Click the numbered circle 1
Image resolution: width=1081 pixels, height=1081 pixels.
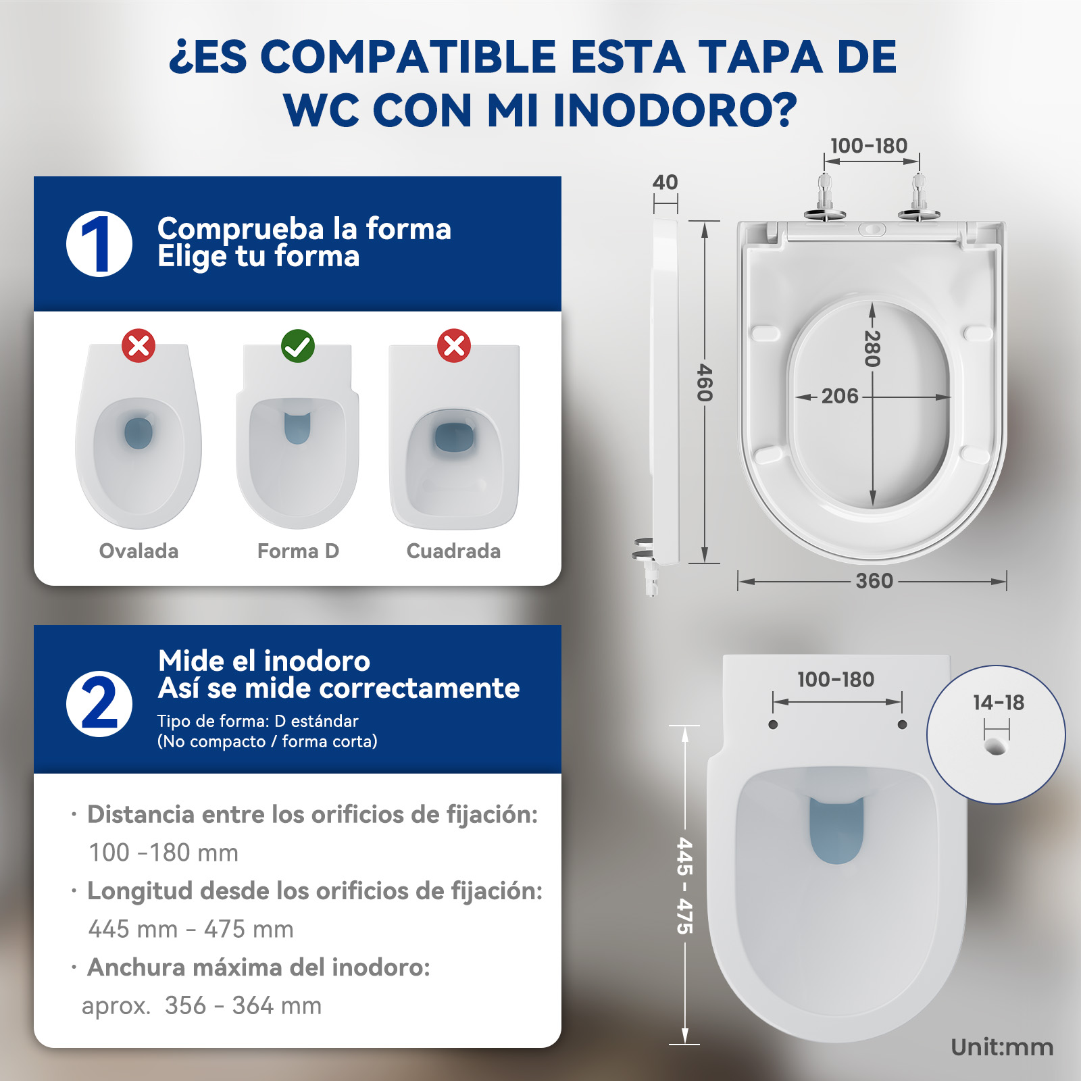click(x=99, y=244)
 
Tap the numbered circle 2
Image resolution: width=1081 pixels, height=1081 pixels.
click(x=99, y=704)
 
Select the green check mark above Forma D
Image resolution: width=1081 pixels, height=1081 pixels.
click(x=298, y=346)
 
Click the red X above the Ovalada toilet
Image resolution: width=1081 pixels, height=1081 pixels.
click(x=139, y=346)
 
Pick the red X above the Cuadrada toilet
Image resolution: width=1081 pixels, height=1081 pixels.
click(x=454, y=346)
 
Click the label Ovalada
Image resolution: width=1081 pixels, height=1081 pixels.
click(x=139, y=551)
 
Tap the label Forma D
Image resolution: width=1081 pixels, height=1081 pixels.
click(x=298, y=551)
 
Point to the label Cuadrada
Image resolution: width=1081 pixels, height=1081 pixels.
click(x=453, y=551)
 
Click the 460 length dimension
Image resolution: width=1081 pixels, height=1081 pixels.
click(x=704, y=382)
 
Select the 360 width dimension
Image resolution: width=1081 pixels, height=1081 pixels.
click(x=874, y=581)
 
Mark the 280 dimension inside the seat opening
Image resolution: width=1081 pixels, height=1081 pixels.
click(x=872, y=349)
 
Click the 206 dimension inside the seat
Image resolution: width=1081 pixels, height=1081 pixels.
click(x=840, y=396)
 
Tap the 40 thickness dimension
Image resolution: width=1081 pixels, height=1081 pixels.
click(x=665, y=182)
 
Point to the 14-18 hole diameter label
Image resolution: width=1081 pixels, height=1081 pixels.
click(x=999, y=703)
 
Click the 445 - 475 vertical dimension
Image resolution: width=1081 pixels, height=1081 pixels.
click(x=685, y=886)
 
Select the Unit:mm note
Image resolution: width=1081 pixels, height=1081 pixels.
click(x=1002, y=1047)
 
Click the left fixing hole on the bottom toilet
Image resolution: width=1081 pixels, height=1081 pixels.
click(x=774, y=725)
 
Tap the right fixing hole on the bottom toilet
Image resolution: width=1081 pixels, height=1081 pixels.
click(x=902, y=725)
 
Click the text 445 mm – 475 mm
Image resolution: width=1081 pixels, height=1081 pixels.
click(x=191, y=929)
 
